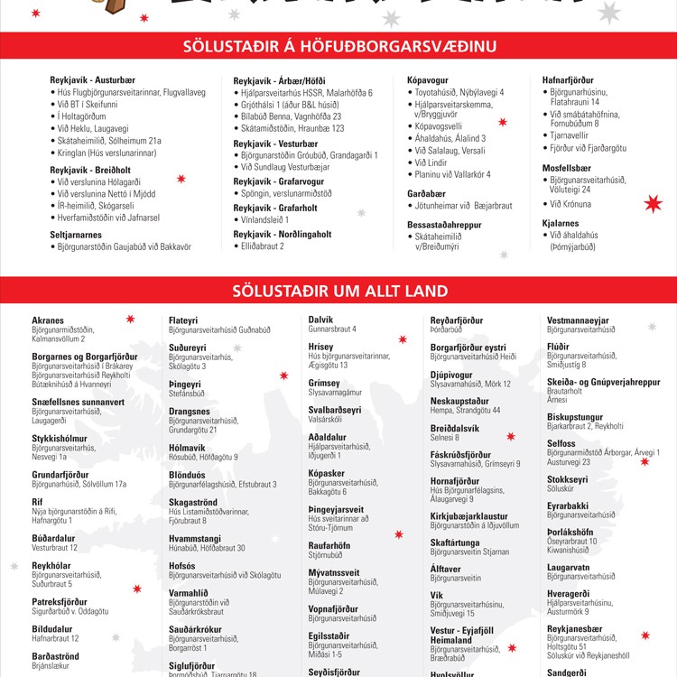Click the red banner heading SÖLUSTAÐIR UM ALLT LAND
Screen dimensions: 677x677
(338, 291)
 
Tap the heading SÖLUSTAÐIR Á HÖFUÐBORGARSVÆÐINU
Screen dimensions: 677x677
(338, 46)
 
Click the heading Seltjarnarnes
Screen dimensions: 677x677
(78, 234)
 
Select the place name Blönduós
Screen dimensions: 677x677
(187, 474)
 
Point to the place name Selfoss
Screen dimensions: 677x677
(562, 443)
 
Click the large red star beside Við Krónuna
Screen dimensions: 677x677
(654, 204)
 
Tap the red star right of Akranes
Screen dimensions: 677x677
(130, 319)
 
